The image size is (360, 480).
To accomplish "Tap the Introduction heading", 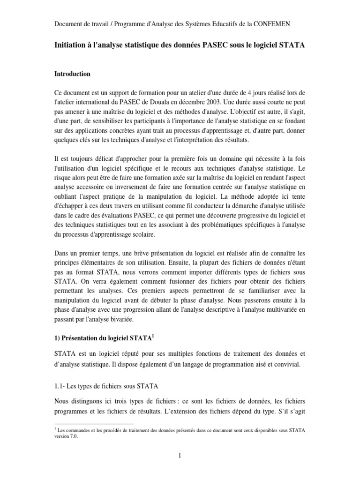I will (73, 74).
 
